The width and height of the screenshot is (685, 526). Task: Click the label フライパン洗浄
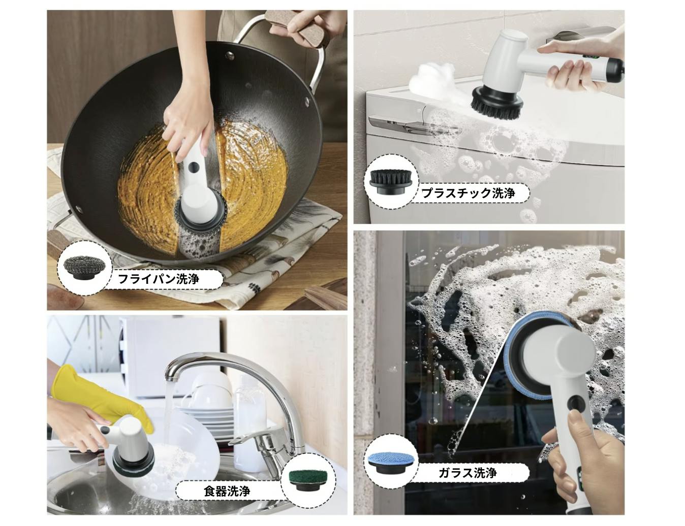158,279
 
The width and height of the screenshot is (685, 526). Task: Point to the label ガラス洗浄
468,473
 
